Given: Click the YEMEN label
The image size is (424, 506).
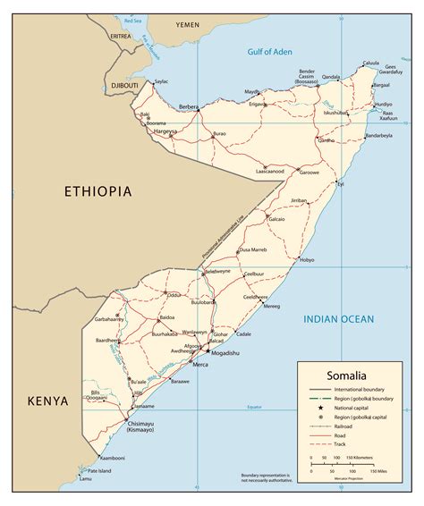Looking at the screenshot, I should [188, 26].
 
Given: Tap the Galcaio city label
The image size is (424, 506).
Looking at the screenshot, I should [276, 218].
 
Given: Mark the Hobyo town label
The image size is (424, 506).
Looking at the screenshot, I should [307, 260].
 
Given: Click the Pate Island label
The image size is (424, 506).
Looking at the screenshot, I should [100, 469].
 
